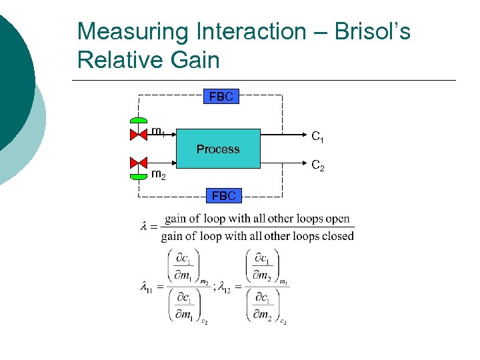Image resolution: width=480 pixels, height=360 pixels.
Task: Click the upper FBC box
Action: point(221,97)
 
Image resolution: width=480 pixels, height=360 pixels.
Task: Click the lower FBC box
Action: point(223,195)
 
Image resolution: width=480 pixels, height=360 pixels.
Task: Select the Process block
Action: point(218,149)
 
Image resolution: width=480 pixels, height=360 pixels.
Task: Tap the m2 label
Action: point(158,175)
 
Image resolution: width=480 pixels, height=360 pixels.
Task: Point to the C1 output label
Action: point(318,137)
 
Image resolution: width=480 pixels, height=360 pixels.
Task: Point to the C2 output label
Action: point(318,165)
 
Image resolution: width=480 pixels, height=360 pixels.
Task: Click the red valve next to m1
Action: point(138,134)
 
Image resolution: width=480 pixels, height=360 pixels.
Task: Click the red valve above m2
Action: point(138,163)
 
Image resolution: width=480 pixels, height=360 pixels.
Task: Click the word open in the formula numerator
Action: point(337,219)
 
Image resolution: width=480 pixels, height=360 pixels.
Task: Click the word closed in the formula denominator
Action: point(338,236)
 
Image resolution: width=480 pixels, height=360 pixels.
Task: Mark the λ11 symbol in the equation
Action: point(146,288)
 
